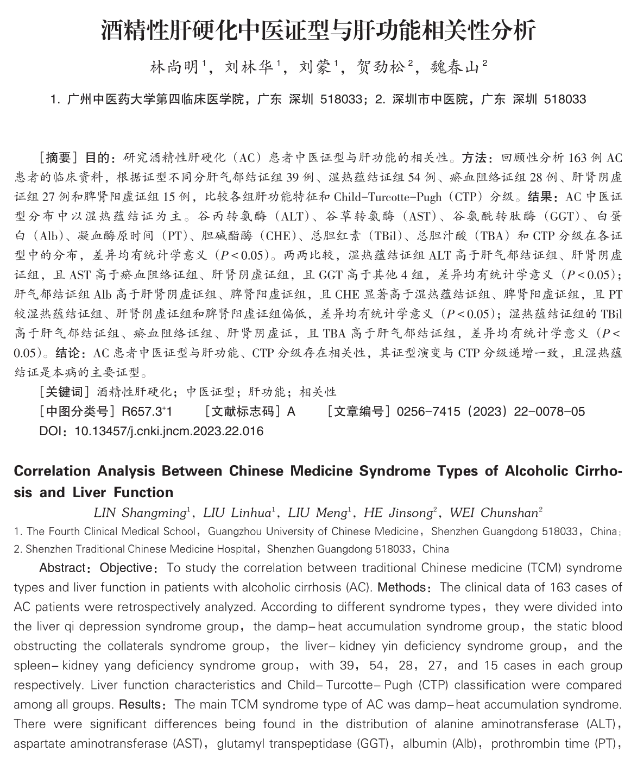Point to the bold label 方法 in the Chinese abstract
(475, 158)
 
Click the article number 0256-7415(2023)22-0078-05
(490, 411)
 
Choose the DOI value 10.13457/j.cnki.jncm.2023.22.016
(168, 431)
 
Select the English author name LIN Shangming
(140, 512)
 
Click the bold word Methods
(401, 587)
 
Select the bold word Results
(140, 705)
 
